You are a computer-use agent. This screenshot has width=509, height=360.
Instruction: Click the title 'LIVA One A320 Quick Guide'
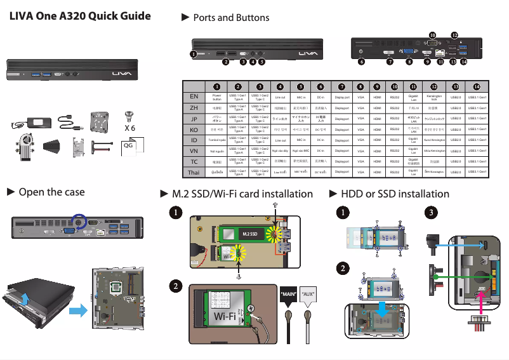pos(80,16)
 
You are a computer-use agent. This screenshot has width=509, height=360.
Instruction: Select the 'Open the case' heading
pos(51,192)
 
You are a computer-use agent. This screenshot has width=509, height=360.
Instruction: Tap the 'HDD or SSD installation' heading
pos(395,194)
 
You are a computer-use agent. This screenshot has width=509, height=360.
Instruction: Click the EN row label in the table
pos(194,97)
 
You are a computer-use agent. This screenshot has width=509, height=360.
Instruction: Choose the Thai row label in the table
pos(194,172)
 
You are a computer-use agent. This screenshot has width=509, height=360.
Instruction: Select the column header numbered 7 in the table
pos(342,86)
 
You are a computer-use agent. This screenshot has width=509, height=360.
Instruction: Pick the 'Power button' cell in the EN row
pos(217,97)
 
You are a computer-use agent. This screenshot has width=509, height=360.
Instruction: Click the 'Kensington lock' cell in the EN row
pos(434,97)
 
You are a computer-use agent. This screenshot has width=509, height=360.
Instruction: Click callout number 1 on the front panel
pos(194,54)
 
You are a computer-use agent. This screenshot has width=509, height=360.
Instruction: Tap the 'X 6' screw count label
pos(130,127)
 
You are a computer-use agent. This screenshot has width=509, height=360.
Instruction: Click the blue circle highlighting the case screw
pos(79,222)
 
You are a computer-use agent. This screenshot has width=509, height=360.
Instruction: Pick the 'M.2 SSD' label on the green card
pos(249,234)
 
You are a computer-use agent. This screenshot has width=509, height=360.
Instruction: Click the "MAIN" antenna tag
pos(289,294)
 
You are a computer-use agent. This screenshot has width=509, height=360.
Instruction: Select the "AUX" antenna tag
pos(308,294)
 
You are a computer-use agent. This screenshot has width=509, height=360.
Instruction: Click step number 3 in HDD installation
pos(432,211)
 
